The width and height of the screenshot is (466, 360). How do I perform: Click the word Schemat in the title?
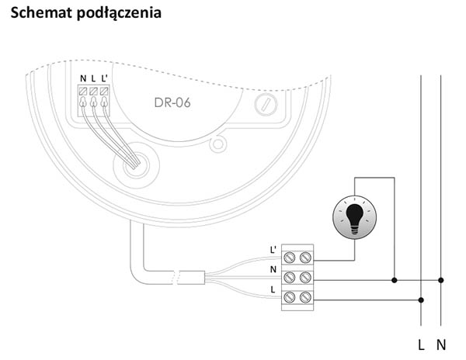click(x=42, y=12)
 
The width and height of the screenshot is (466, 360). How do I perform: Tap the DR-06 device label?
click(x=172, y=102)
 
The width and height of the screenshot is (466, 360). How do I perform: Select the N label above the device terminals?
click(x=83, y=78)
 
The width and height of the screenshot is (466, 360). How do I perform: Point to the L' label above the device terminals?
click(x=104, y=78)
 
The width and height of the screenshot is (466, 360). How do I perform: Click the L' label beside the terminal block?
click(x=273, y=250)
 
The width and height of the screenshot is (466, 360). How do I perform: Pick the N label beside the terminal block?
click(x=273, y=269)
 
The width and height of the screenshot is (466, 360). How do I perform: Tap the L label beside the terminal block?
click(x=273, y=289)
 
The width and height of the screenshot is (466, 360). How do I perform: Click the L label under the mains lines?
click(x=421, y=345)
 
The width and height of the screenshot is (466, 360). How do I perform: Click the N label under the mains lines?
click(x=441, y=345)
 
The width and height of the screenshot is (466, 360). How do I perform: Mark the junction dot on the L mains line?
click(x=421, y=300)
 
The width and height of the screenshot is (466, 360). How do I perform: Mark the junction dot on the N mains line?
click(x=441, y=280)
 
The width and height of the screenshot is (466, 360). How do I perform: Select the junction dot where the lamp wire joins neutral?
click(x=395, y=280)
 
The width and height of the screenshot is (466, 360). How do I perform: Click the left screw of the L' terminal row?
click(x=289, y=258)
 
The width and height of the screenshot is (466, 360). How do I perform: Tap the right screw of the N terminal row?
click(x=305, y=278)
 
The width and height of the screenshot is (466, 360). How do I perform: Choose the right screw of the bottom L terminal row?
click(x=305, y=297)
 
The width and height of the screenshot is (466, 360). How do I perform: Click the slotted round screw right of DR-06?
click(x=266, y=105)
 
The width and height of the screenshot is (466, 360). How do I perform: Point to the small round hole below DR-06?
click(x=218, y=144)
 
